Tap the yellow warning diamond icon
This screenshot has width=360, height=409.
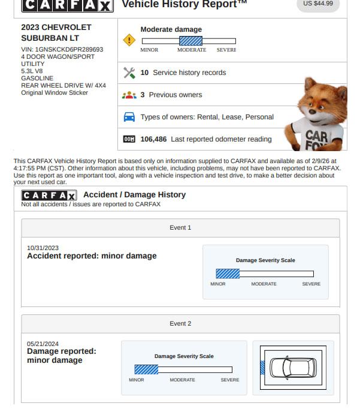129,40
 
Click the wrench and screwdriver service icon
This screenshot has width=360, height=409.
129,73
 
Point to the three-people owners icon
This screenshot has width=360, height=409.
129,95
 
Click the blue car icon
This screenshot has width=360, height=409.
129,117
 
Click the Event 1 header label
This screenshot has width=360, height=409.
180,228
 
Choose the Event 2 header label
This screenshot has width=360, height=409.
180,324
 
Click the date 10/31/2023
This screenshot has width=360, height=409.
43,248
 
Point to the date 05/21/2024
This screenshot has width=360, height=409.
43,344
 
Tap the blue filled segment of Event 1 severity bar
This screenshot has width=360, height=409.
228,273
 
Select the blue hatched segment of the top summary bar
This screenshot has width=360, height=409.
190,41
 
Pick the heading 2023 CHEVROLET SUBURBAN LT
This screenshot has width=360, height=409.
56,33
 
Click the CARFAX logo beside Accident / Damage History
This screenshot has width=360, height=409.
49,196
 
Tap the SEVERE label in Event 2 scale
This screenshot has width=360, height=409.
229,380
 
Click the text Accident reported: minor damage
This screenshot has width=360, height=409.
92,256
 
